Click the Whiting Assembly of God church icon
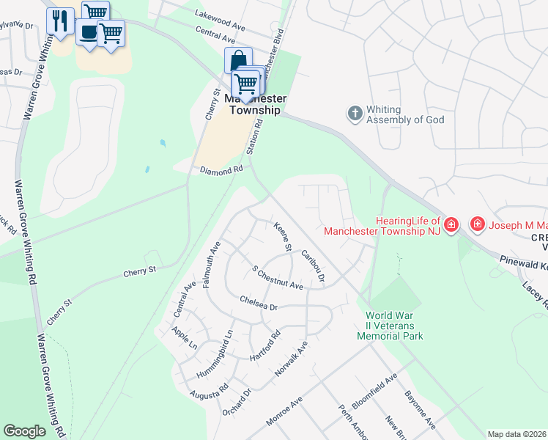pyautogui.click(x=355, y=113)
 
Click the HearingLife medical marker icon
pyautogui.click(x=451, y=224)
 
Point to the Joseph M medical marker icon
pyautogui.click(x=478, y=223)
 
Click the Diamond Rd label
pyautogui.click(x=221, y=169)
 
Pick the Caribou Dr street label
pyautogui.click(x=313, y=265)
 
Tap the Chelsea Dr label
pyautogui.click(x=259, y=303)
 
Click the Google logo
pyautogui.click(x=24, y=430)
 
